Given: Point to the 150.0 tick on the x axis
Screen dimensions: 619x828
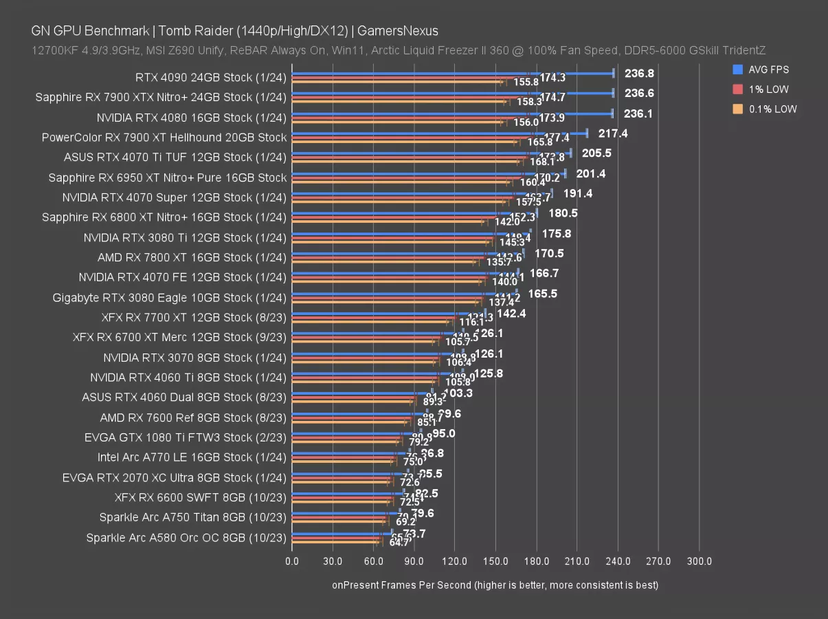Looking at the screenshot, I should click(495, 562).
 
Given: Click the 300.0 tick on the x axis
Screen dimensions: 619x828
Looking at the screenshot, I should click(699, 562).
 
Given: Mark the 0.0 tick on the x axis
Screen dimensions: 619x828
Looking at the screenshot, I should click(292, 562).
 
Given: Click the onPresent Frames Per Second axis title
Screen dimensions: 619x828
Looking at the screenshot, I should click(495, 585).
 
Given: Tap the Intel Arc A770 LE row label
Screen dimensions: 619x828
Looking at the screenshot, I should click(192, 457).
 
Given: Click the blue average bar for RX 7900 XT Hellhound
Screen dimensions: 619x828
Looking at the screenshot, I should click(440, 133).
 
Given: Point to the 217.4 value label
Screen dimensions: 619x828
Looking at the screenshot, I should click(613, 133).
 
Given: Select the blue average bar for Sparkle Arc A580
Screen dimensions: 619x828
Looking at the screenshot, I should click(342, 532).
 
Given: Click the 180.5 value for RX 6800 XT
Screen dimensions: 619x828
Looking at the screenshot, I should click(563, 213).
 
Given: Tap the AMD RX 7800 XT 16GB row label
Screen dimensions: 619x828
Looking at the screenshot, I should click(192, 257).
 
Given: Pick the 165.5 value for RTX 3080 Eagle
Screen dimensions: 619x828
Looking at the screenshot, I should click(542, 293).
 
